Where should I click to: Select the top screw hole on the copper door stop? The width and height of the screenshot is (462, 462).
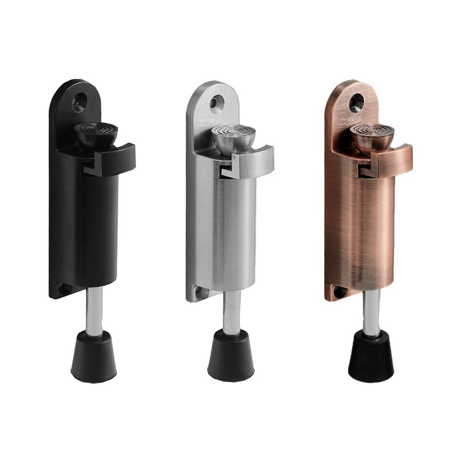pyautogui.click(x=356, y=102)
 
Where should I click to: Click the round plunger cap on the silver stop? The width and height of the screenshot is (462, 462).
pyautogui.click(x=234, y=136)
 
